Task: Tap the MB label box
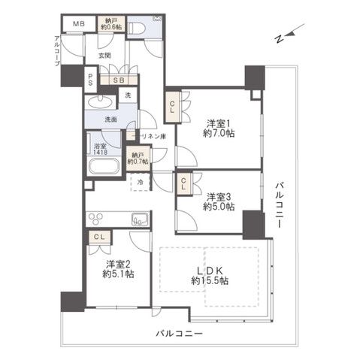coord(77,24)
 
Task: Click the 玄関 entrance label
coord(104,55)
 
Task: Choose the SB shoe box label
coord(119,80)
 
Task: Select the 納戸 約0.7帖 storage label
coord(138,157)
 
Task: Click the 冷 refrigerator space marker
coord(140,182)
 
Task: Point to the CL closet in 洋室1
coord(172,104)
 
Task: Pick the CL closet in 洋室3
coord(184,180)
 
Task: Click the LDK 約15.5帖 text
coord(210,274)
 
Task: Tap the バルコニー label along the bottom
coord(179,331)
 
